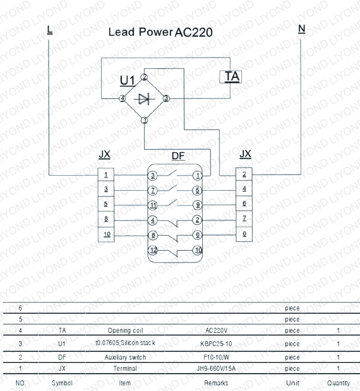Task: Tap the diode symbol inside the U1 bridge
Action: pyautogui.click(x=144, y=98)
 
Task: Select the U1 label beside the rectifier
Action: pyautogui.click(x=127, y=80)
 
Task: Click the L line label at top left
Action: pyautogui.click(x=49, y=28)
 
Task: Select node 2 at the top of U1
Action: pyautogui.click(x=144, y=77)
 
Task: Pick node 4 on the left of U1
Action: pyautogui.click(x=122, y=98)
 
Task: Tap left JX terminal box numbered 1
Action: pyautogui.click(x=106, y=175)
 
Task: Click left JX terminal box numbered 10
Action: pyautogui.click(x=106, y=234)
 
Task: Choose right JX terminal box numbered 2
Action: pyautogui.click(x=244, y=175)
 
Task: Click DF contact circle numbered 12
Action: pyautogui.click(x=154, y=250)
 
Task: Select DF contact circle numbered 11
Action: pyautogui.click(x=154, y=205)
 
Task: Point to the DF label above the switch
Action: pyautogui.click(x=178, y=156)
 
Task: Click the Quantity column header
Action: pyautogui.click(x=338, y=383)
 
